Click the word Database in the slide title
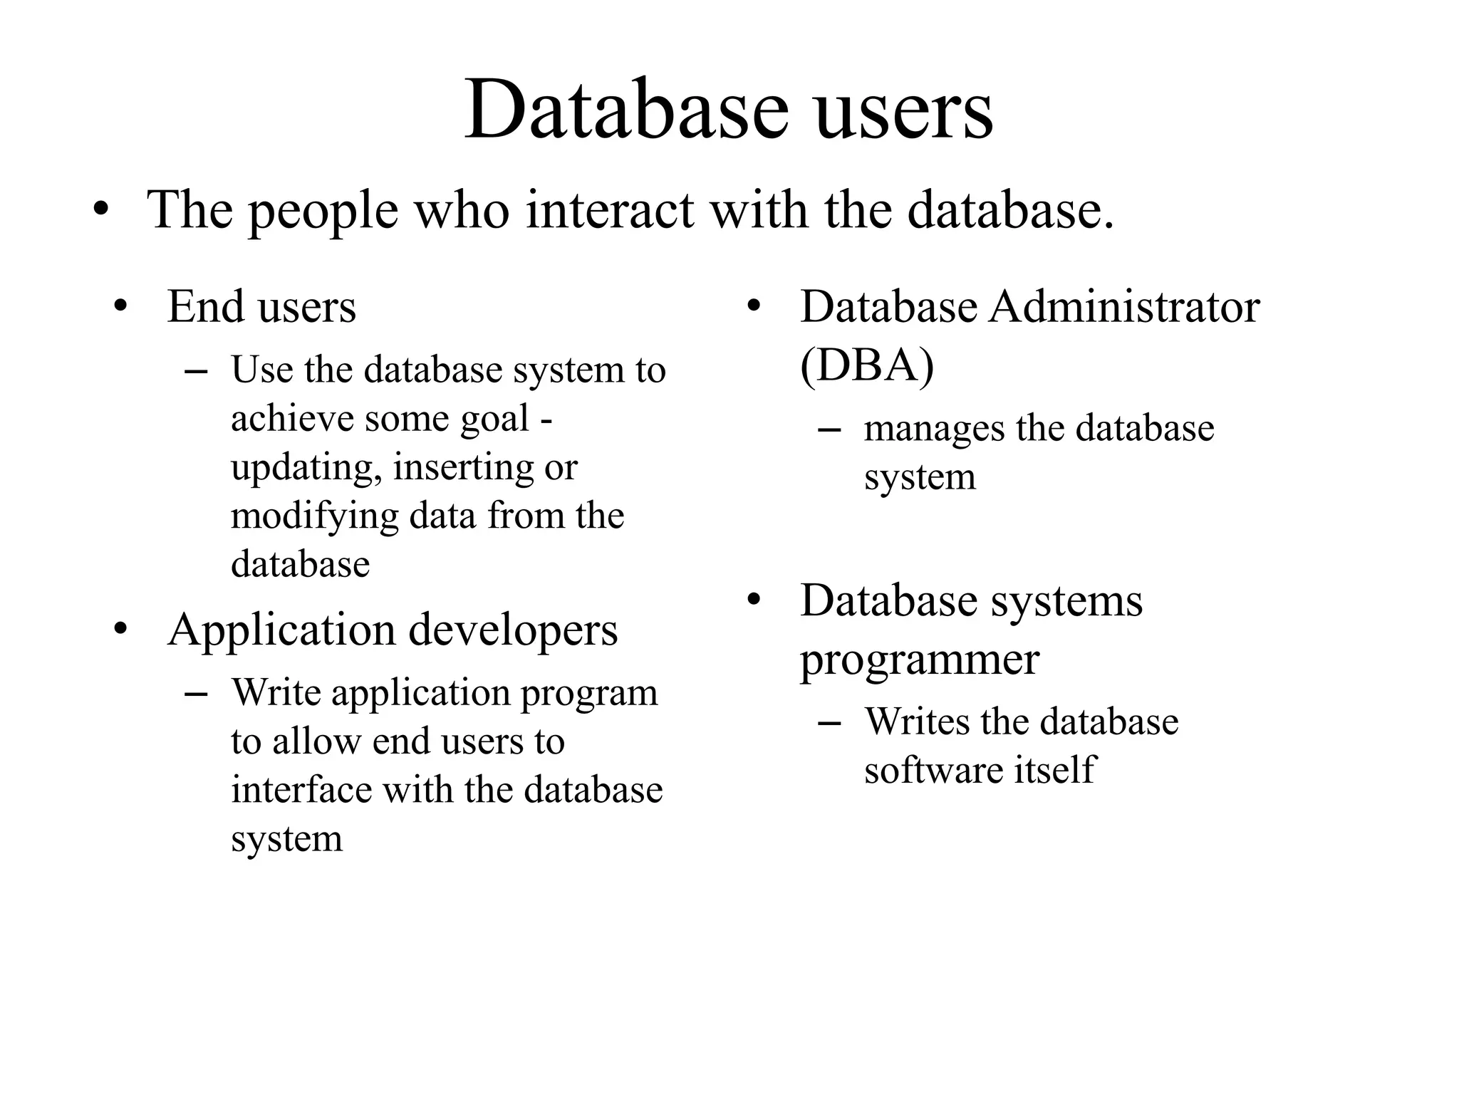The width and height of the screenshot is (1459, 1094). (626, 110)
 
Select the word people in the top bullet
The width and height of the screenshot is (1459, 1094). (323, 212)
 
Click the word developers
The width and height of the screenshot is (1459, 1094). (513, 631)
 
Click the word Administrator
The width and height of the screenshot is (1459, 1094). (1124, 307)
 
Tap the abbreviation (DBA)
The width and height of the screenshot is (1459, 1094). (867, 366)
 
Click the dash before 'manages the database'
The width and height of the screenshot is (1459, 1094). (829, 430)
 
